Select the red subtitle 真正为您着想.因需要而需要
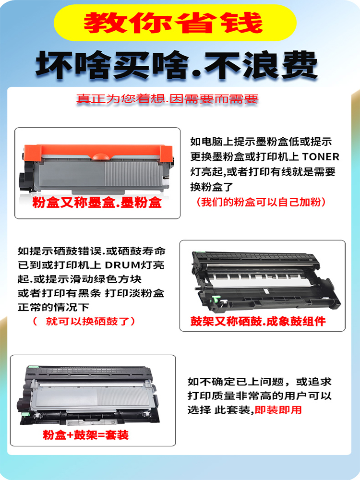tap(168, 99)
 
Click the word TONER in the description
tap(320, 156)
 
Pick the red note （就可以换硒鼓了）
tap(84, 321)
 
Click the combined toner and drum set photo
tap(92, 395)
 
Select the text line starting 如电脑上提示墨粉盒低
tap(261, 142)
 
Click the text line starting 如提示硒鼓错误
tap(91, 251)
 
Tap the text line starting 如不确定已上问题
tap(259, 382)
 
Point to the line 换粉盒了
tap(218, 186)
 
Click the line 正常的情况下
tap(54, 306)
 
